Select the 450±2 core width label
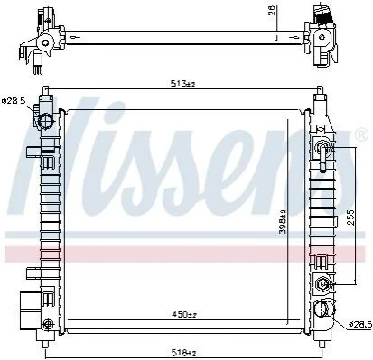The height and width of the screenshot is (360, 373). tap(184, 315)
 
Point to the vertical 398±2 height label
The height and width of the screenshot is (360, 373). tap(283, 221)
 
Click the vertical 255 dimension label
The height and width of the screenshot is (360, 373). tap(350, 217)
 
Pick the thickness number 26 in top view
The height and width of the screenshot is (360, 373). tap(273, 13)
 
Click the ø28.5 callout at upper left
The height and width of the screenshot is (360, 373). tap(14, 101)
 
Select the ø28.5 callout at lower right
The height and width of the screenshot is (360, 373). tap(359, 325)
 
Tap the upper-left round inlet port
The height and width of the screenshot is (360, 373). tap(46, 122)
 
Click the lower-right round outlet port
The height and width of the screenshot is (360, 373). tap(321, 309)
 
